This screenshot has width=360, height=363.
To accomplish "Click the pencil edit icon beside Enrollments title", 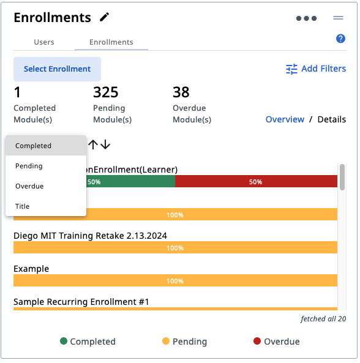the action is pos(104,17).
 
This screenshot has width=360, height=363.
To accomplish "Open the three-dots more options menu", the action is pos(306,18).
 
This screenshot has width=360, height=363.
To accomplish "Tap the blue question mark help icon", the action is pos(340,39).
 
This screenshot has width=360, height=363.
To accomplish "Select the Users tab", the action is pos(44,42).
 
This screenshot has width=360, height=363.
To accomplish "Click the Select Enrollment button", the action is pos(57,69).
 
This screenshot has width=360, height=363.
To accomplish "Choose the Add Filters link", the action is pos(316,69).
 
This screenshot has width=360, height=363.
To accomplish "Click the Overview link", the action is pos(285,119).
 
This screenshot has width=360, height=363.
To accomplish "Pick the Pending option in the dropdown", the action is pos(29,166).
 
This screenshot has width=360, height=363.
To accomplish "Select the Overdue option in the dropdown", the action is pos(29,186).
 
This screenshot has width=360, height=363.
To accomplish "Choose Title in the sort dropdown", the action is pos(23,206).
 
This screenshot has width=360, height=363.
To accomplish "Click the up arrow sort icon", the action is pos(93,144).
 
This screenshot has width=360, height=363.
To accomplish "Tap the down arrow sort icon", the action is pos(105,144).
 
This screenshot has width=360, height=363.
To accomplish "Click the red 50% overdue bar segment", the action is pos(256,181).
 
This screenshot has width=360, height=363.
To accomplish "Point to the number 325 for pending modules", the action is pos(105,92).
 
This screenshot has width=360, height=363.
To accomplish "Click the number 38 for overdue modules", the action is pos(181,92).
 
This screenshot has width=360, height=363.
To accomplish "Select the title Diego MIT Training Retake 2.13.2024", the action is pos(90,236).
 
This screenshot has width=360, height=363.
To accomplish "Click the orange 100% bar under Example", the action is pos(175,280).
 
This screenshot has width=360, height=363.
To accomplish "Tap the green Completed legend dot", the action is pos(64,341).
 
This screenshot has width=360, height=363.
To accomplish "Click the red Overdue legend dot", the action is pos(257,341).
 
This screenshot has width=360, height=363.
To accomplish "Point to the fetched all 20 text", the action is pos(323,319).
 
